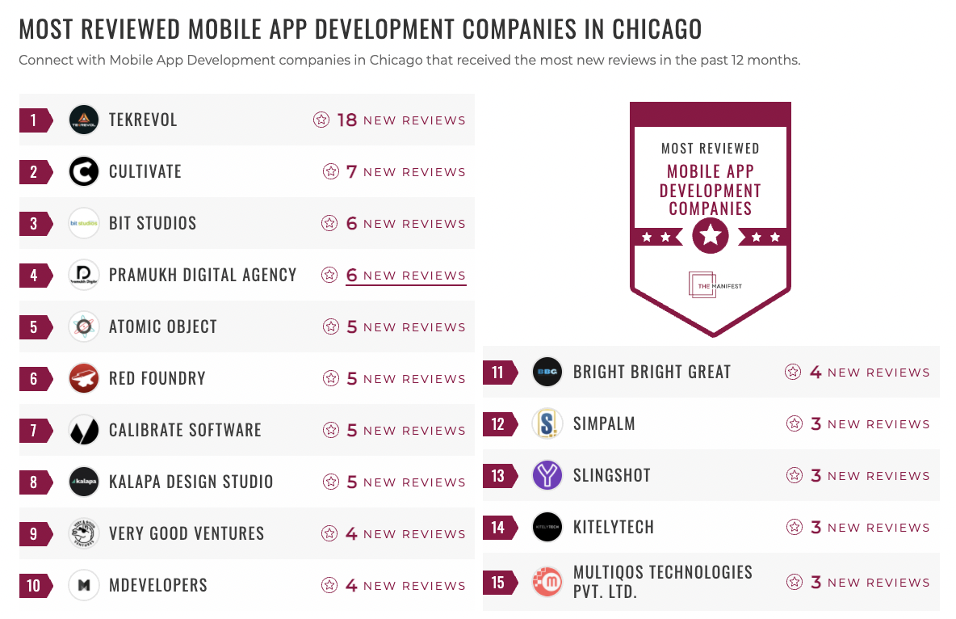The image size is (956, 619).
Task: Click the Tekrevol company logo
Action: coord(84,120)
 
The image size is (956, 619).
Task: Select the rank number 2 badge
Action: coord(35,172)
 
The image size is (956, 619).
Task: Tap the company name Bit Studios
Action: coord(153,224)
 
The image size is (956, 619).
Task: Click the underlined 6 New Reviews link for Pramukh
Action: coord(405,276)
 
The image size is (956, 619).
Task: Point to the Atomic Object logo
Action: coord(84,327)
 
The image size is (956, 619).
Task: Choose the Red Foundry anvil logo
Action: coord(84,379)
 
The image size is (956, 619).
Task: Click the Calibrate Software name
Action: coord(185,431)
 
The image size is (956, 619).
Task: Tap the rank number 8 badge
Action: coord(35,482)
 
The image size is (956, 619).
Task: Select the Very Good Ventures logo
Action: coord(84,534)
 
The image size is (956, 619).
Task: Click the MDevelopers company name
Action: coord(158,586)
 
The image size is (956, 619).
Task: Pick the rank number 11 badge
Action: coord(499,373)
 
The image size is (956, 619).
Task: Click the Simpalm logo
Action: coord(548,424)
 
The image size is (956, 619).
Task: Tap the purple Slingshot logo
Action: coord(548,476)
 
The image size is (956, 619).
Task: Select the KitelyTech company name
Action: coord(614,528)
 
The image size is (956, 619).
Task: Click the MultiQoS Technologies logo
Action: coord(548,583)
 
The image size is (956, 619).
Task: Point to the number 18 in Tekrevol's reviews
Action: coord(347,120)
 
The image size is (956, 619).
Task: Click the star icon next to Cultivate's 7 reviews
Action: coord(330,172)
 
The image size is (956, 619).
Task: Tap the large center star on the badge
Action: coord(711,236)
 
